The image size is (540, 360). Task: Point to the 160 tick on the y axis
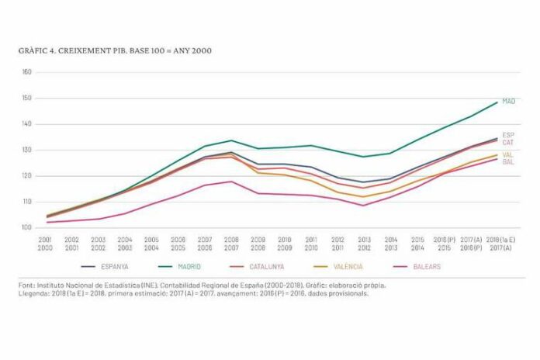26,72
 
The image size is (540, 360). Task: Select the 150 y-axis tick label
26,99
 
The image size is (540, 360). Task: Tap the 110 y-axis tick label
26,202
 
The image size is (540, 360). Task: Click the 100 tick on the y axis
26,228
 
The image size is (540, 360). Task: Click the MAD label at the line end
509,101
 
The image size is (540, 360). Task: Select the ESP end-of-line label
508,135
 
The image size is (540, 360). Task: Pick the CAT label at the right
508,142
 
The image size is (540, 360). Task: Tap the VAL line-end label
508,155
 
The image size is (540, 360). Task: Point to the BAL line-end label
508,162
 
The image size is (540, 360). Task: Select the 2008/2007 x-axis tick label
231,244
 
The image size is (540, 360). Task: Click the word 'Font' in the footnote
26,286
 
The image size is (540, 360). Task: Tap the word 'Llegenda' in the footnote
33,294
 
